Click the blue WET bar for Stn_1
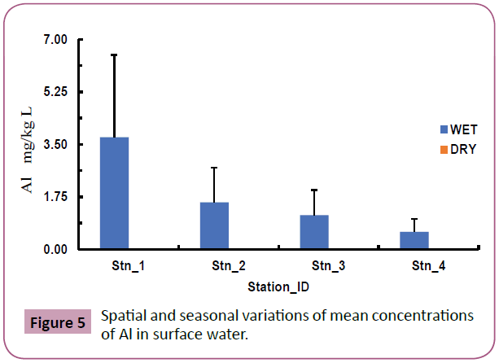(114, 193)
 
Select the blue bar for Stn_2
(214, 225)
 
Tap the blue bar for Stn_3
(314, 232)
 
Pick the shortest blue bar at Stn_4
(414, 240)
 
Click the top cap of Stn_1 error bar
(114, 55)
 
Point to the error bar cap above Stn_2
(214, 168)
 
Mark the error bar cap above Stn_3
(314, 190)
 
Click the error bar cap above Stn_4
(414, 219)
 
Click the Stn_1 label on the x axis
(129, 266)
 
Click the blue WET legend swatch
(443, 129)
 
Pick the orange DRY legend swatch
(443, 149)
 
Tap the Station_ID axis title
(278, 287)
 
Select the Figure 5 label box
(57, 323)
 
